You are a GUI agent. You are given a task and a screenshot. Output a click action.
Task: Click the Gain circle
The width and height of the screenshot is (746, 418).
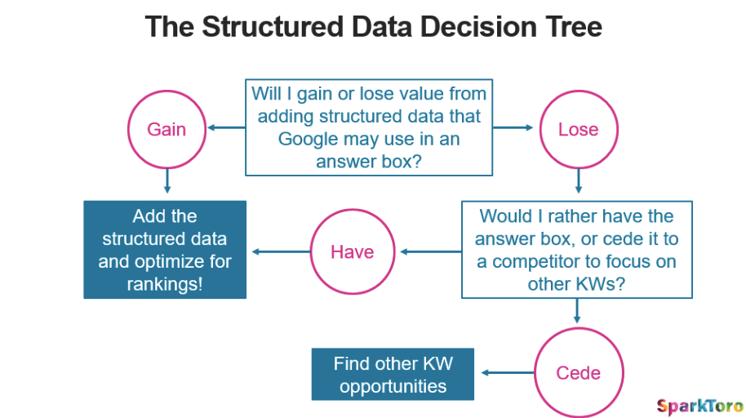click(x=167, y=129)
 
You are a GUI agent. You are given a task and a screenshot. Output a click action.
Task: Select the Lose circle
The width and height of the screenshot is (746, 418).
click(x=578, y=129)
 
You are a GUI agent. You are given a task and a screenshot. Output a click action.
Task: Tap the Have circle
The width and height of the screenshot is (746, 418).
click(x=353, y=251)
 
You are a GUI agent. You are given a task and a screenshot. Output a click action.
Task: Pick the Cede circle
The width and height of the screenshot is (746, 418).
click(x=578, y=372)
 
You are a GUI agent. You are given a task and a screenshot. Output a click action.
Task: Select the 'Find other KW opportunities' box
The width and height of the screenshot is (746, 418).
click(x=393, y=375)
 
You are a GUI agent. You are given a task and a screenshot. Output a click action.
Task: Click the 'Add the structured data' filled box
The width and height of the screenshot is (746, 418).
click(x=165, y=250)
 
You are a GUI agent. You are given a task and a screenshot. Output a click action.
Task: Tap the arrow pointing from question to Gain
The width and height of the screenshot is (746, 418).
click(x=226, y=128)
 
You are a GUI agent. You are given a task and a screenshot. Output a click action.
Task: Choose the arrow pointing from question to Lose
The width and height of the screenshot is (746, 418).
click(x=513, y=128)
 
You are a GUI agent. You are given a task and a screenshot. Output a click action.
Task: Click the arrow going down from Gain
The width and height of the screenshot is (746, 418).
click(x=167, y=181)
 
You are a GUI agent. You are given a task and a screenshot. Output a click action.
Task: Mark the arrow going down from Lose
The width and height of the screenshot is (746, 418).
click(x=578, y=181)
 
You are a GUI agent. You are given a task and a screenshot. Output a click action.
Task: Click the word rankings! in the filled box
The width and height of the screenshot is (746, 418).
click(x=165, y=284)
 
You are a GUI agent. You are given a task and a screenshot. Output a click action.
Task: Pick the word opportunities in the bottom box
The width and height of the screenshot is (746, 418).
click(x=393, y=386)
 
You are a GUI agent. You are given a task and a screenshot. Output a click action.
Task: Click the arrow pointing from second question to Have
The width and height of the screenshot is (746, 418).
click(x=430, y=251)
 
